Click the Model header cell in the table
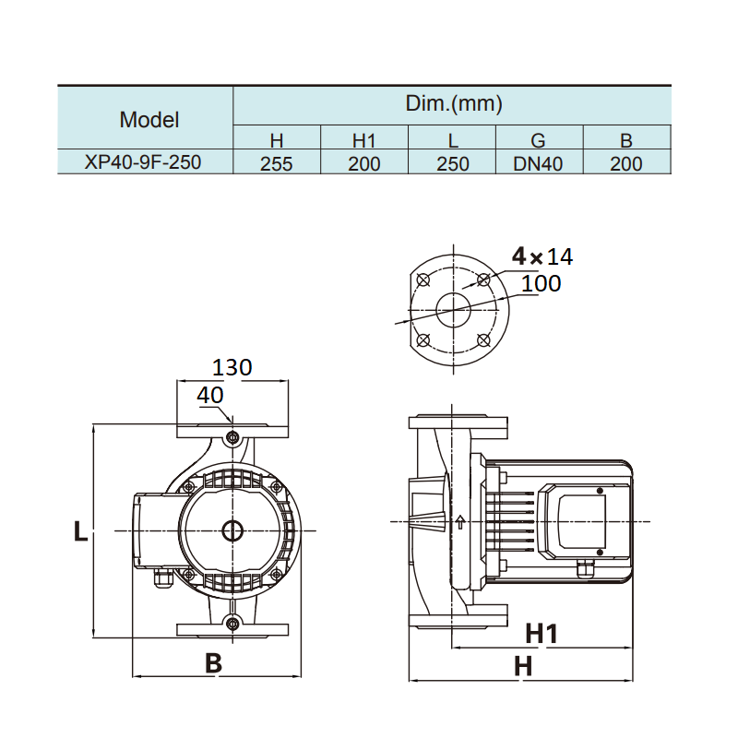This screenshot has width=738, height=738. pos(149,119)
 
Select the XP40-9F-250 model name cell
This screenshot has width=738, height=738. pos(143,163)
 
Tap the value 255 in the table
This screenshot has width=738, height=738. pos(276,164)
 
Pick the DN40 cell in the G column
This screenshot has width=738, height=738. pos(539,164)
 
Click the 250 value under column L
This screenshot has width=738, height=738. pos(452,164)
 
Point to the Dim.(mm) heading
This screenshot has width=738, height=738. pos(454,103)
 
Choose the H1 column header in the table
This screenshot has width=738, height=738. pos(365,141)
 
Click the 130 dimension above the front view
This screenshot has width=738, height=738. pos(232,367)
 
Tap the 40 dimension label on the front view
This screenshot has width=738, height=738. pos(210,395)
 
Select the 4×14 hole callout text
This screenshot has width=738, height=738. pos(542,256)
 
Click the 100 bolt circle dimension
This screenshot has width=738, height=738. pos(541,283)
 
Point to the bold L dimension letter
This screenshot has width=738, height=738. pos(80,531)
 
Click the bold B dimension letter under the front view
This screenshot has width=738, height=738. pos(213,662)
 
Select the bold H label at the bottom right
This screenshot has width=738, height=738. pos(523,666)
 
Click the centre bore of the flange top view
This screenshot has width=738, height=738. pos(453,309)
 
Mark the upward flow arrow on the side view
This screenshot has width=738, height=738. pos(459,522)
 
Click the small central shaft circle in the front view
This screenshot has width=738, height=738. pos(232,531)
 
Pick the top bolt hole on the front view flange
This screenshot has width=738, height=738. pos(232,435)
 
